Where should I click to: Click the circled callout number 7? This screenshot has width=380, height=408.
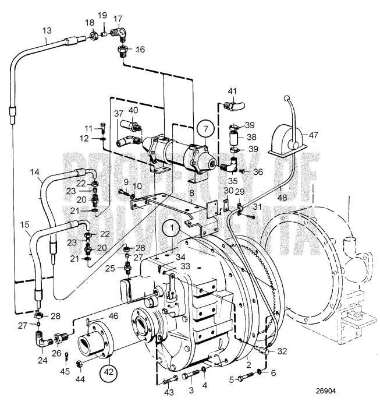click(x=204, y=127)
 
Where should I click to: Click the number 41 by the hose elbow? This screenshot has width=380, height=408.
click(x=232, y=91)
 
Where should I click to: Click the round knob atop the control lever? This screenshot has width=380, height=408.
click(x=285, y=97)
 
